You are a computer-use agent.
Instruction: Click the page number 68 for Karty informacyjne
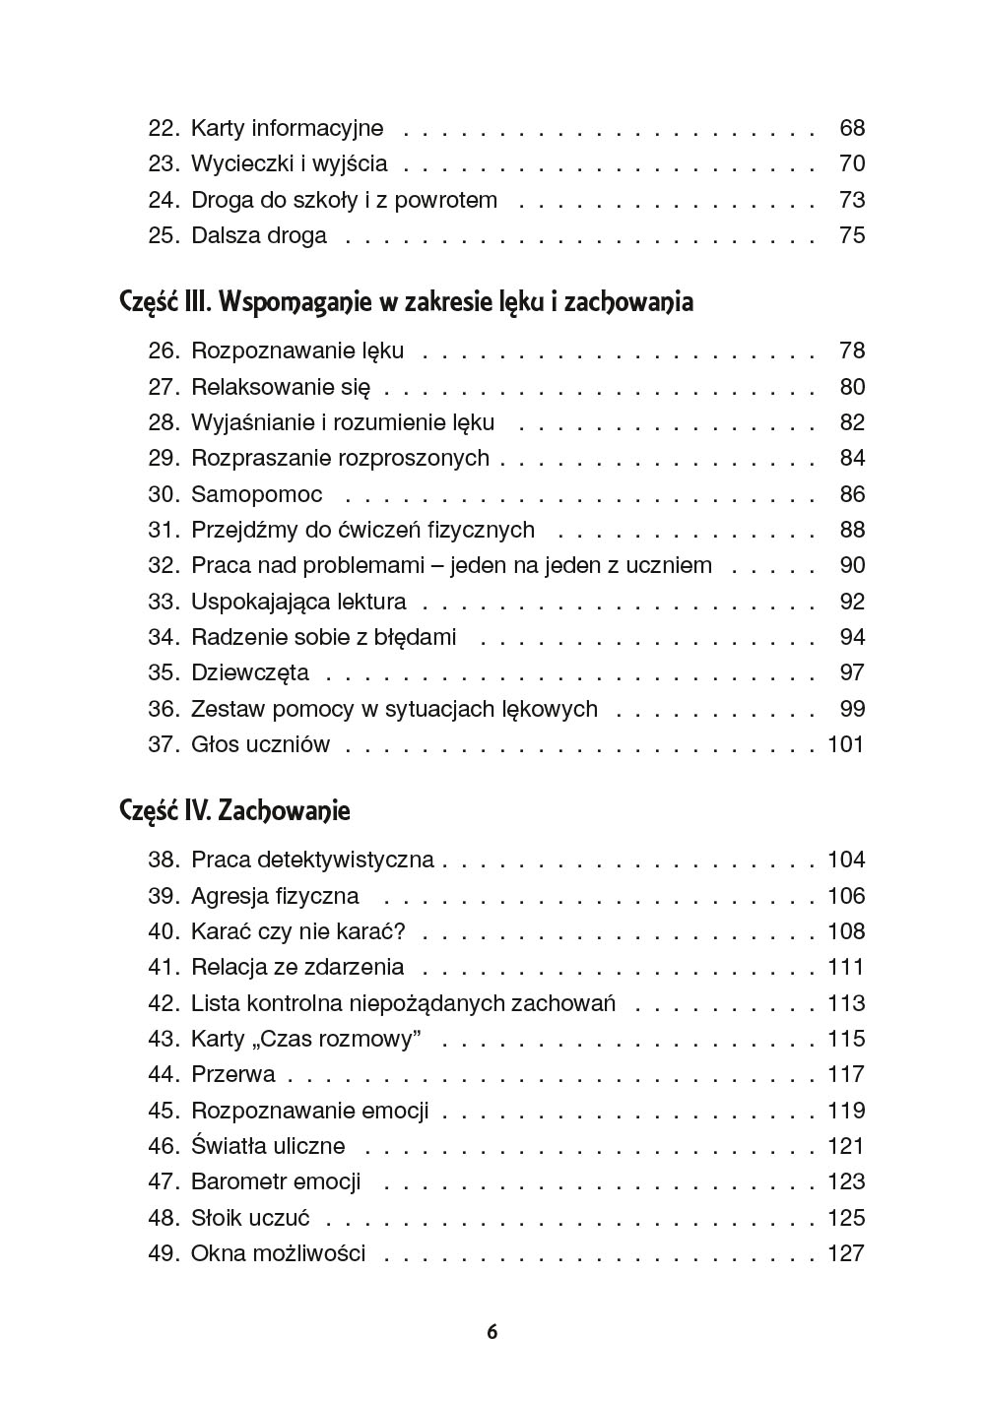click(x=851, y=128)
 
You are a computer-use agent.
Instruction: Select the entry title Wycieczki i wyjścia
click(x=289, y=163)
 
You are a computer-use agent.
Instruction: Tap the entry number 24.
click(x=163, y=200)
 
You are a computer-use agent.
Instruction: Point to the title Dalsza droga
click(x=258, y=235)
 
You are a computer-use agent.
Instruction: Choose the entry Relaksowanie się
click(x=281, y=387)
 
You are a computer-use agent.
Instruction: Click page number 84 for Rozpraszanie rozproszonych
click(x=851, y=458)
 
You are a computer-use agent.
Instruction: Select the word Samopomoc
click(x=256, y=494)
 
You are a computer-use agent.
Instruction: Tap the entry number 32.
click(x=163, y=565)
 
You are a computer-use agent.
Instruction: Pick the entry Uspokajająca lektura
click(x=298, y=602)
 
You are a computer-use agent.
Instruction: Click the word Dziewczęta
click(x=249, y=672)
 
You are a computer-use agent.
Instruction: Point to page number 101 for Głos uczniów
click(x=845, y=744)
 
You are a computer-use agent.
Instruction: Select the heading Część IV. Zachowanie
click(x=234, y=810)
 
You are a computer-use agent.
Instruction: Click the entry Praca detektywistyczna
click(x=312, y=860)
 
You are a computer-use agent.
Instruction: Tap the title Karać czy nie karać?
click(x=298, y=931)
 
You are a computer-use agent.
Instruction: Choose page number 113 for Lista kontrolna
click(x=845, y=1003)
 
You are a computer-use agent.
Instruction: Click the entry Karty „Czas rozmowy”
click(x=306, y=1039)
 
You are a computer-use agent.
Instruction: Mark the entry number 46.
click(x=163, y=1146)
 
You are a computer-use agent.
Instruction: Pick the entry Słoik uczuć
click(x=250, y=1218)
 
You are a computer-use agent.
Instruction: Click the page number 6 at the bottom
click(x=492, y=1332)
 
